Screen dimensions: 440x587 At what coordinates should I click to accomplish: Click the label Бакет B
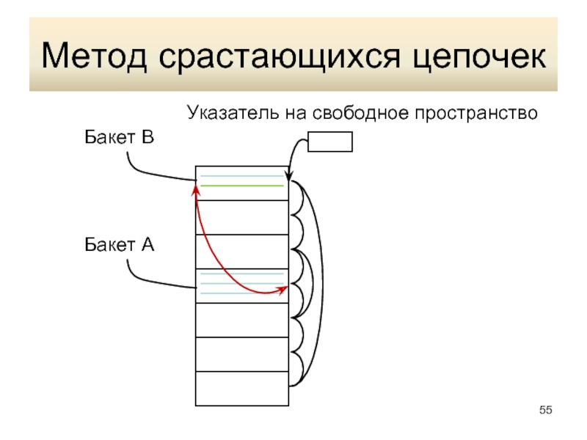point(118,137)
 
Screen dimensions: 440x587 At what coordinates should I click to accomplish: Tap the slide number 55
point(544,409)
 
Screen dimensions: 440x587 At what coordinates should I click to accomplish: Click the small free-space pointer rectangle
point(330,141)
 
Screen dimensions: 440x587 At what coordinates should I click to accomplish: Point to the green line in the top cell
point(242,186)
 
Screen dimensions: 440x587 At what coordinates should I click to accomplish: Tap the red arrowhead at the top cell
point(196,189)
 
